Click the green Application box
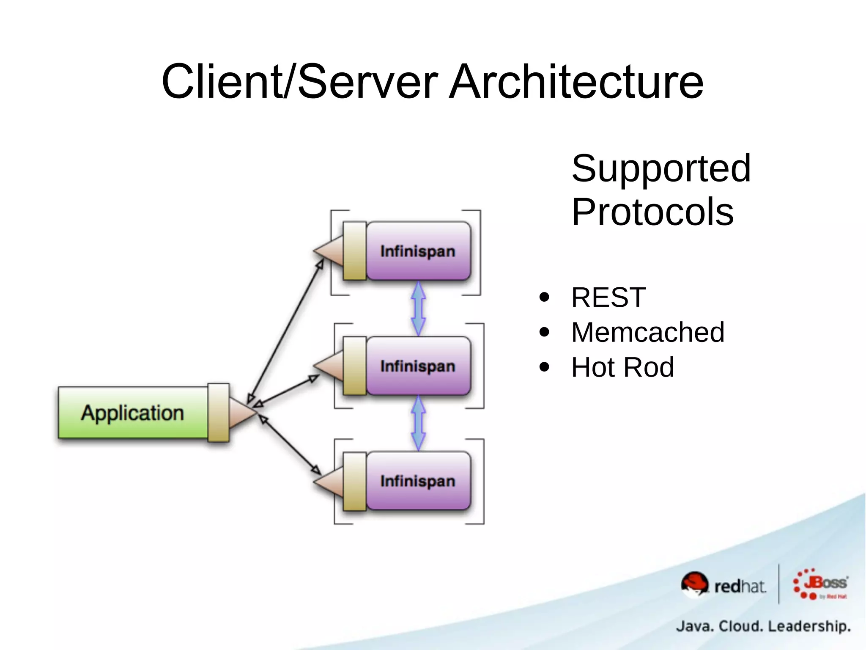click(x=133, y=413)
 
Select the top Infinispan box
click(x=418, y=251)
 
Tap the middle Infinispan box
click(x=418, y=366)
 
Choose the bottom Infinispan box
click(x=418, y=481)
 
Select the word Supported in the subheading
click(x=661, y=168)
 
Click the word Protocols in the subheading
click(x=652, y=212)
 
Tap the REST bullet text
click(x=608, y=297)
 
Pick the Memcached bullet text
click(x=648, y=332)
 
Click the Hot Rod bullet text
click(x=622, y=367)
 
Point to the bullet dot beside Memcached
click(x=544, y=332)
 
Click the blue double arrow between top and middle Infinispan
click(x=418, y=308)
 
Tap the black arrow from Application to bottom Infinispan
click(x=290, y=445)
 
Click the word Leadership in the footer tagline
click(x=809, y=626)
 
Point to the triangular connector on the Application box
click(x=241, y=412)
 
